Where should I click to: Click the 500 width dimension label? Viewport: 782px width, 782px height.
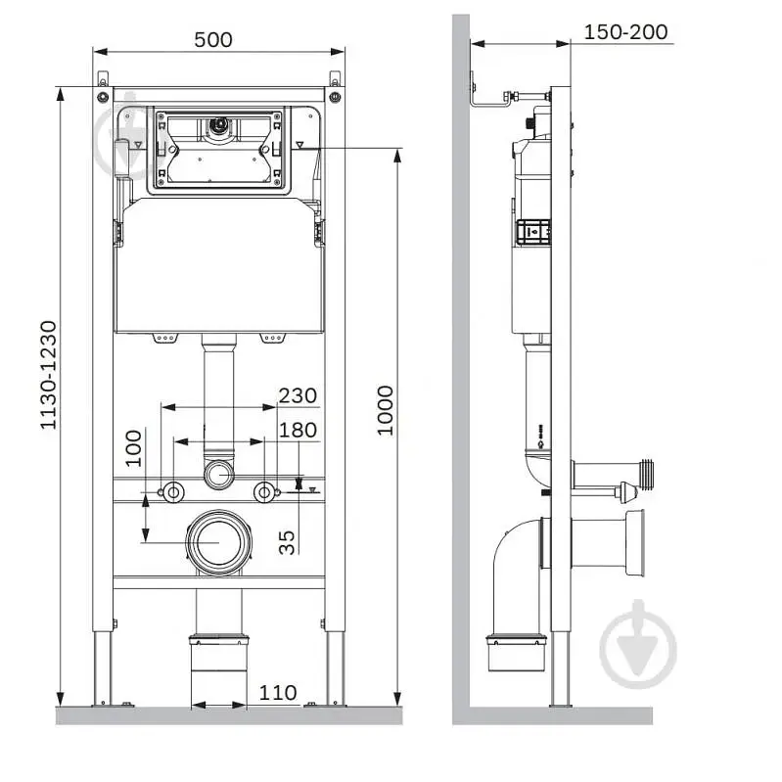pos(213,40)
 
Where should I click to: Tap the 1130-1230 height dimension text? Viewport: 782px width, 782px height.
pos(48,375)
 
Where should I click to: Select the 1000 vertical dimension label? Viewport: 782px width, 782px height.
pos(385,410)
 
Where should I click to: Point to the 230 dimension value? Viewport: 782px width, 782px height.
pos(298,395)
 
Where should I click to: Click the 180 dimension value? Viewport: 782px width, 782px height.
pos(298,430)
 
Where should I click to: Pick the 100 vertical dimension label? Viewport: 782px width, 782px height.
pos(133,448)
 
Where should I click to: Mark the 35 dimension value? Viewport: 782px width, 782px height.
pos(287,542)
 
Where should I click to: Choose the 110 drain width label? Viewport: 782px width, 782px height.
pos(278,692)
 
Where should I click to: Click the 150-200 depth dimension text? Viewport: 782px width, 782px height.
pos(625,32)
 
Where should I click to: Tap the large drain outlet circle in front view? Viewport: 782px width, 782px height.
pos(219,541)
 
